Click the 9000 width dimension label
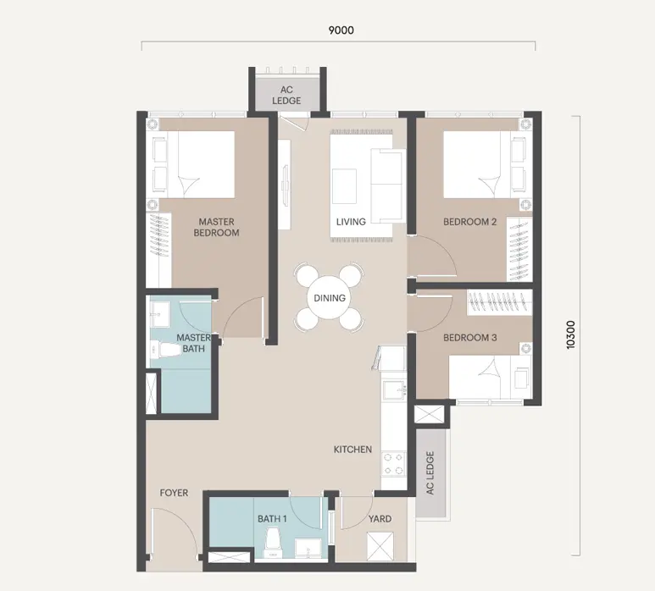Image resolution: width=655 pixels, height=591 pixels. point(341,30)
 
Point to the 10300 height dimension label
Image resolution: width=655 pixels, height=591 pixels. point(570,334)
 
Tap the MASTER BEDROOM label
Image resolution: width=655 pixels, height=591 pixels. point(216,227)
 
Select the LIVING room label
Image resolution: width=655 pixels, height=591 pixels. point(351,222)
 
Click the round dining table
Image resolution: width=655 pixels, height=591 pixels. point(330,298)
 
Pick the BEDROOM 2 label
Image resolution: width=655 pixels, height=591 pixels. point(470,222)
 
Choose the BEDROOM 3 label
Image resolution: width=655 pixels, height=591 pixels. point(470,337)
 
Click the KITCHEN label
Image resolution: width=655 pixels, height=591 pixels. point(352,449)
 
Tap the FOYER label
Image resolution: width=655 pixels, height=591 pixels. point(174,493)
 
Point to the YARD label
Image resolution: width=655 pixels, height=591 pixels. point(380,519)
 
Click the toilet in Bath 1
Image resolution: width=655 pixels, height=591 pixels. point(273,542)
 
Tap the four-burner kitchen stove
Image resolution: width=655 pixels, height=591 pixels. point(393,463)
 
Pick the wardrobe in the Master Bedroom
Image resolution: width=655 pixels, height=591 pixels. point(158,250)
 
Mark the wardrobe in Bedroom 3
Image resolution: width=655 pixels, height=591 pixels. point(499,302)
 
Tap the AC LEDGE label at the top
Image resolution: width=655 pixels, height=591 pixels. point(286,95)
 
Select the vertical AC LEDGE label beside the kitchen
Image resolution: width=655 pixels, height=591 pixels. point(430,472)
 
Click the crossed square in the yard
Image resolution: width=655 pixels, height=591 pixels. point(380,546)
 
